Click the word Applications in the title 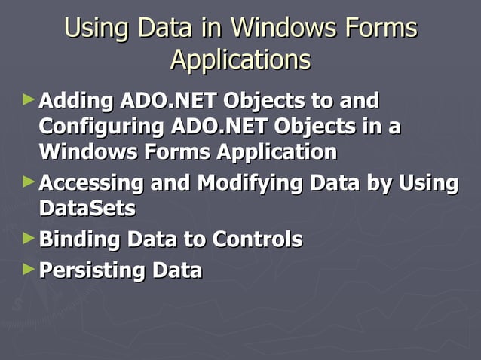tap(240, 59)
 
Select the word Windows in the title tap(283, 28)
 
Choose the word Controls tap(257, 240)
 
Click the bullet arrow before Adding tap(29, 99)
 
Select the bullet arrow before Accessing tap(29, 182)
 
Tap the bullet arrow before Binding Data tap(29, 239)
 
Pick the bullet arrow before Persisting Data tap(29, 269)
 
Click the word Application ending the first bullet tap(277, 151)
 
